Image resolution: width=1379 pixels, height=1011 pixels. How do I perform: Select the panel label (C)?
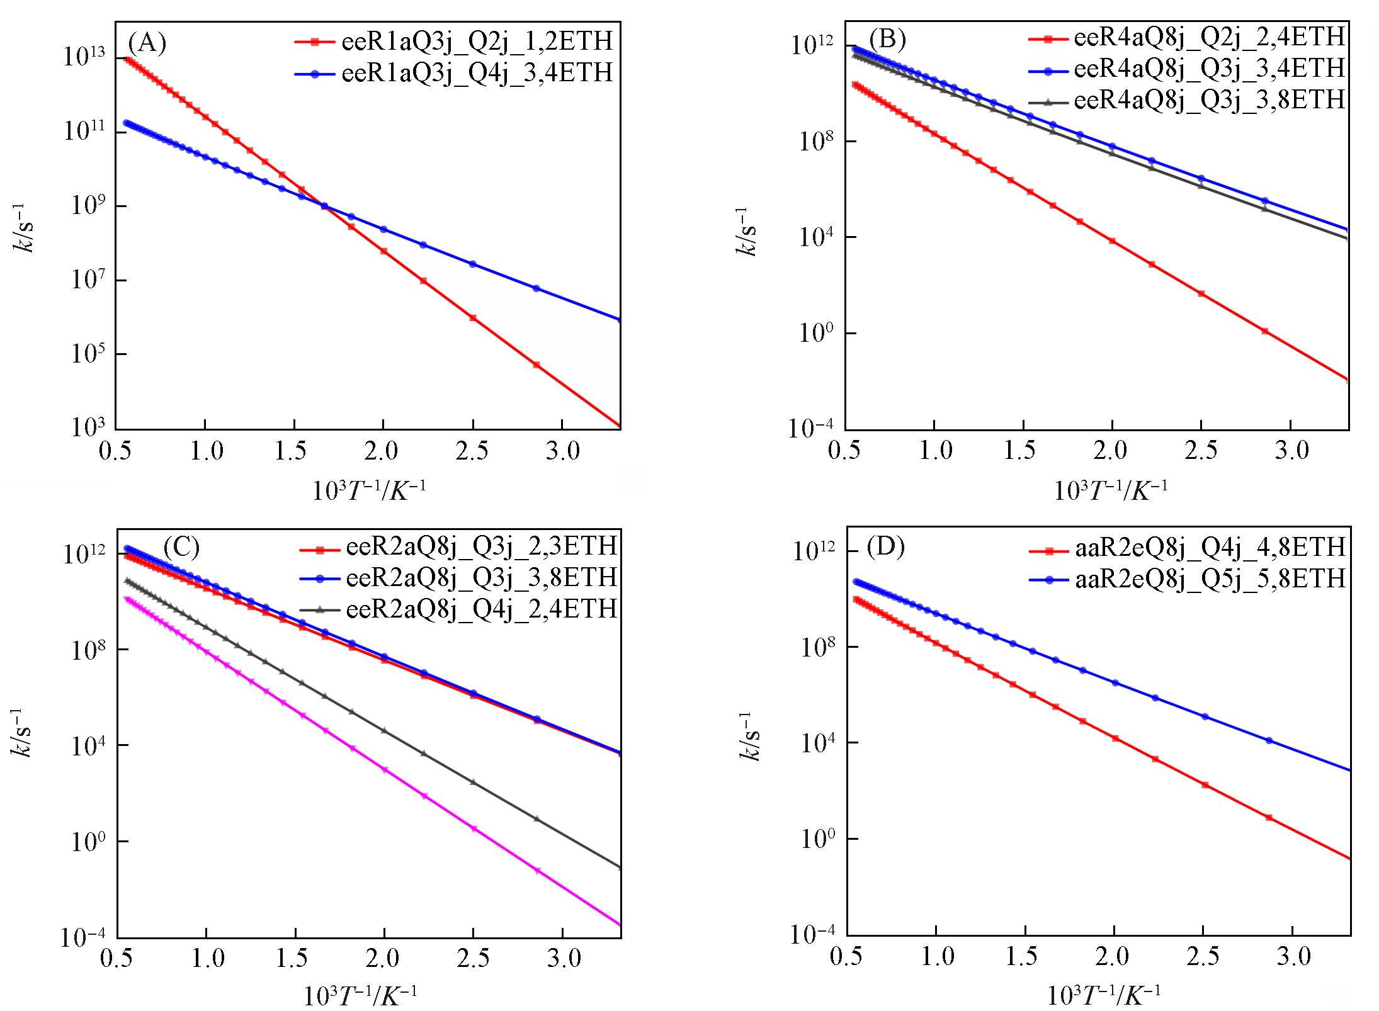pyautogui.click(x=181, y=547)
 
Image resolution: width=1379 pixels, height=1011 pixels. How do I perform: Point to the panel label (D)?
pyautogui.click(x=885, y=547)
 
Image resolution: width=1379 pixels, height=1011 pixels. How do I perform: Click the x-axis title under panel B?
pyautogui.click(x=1111, y=490)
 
